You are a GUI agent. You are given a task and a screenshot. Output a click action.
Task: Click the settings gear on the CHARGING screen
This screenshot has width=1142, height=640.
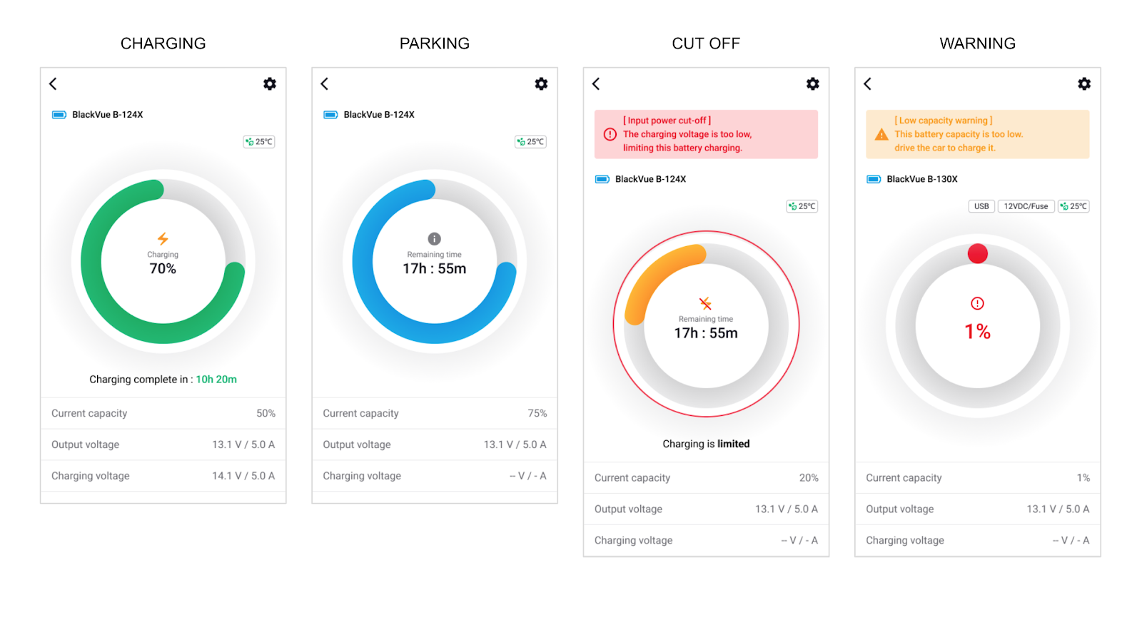[269, 84]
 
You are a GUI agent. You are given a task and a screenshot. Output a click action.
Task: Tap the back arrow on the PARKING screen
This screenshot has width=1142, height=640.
[325, 84]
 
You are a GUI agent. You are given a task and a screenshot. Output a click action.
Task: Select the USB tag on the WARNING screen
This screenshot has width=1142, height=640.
[981, 206]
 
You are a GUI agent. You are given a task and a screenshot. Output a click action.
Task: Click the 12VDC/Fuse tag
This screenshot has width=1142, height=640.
[1026, 206]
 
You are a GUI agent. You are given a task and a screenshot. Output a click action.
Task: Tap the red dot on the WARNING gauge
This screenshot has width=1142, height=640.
[977, 253]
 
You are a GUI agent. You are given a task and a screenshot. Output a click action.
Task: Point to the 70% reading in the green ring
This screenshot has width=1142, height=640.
[163, 269]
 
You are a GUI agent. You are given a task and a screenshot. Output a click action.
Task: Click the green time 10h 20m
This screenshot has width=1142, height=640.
[216, 380]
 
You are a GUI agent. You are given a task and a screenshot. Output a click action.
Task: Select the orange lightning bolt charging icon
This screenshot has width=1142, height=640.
[163, 238]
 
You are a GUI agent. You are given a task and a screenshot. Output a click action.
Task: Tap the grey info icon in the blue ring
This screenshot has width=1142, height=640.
[434, 238]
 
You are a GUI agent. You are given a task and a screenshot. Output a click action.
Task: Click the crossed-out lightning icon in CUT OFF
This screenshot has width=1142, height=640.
[705, 303]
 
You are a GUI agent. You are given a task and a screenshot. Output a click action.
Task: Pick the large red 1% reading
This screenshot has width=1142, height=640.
[977, 332]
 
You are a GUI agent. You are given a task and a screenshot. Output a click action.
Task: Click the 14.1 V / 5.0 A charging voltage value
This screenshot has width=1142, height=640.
[243, 476]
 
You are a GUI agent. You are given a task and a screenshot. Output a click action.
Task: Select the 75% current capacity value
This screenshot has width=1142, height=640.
[537, 414]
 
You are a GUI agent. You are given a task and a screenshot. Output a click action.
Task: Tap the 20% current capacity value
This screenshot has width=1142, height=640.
[808, 478]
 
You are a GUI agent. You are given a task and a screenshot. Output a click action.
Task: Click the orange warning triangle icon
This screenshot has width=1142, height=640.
[881, 134]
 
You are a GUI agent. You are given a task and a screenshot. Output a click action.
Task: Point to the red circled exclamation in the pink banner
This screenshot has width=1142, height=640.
[610, 134]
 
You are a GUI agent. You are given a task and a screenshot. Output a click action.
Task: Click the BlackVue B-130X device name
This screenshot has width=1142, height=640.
[921, 179]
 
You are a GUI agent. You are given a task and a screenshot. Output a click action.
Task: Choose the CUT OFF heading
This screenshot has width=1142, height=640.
[706, 44]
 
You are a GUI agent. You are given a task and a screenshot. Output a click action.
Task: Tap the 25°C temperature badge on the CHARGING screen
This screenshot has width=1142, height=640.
[259, 142]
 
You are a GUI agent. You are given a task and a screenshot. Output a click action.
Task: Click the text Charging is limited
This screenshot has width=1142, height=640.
[706, 444]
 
